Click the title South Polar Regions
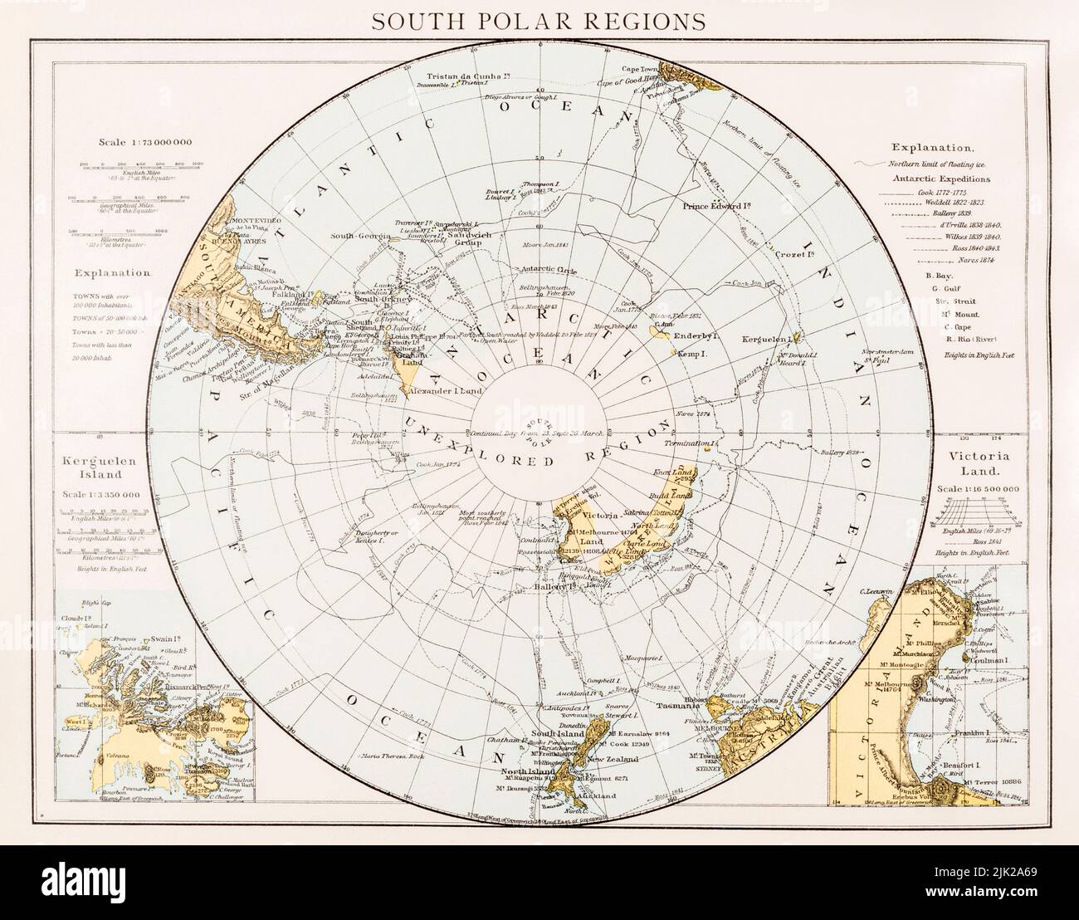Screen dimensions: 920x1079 pyautogui.click(x=539, y=20)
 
